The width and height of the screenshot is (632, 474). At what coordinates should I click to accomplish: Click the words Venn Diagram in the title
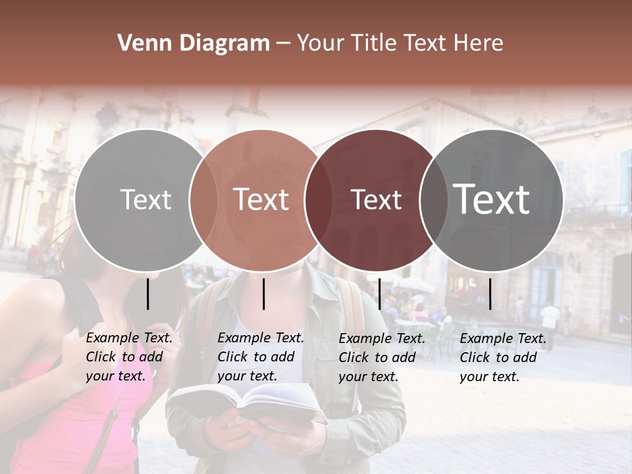point(194,43)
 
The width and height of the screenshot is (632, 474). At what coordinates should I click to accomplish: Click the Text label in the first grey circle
point(145,200)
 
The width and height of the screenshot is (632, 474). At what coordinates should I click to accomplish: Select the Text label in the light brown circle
point(261,200)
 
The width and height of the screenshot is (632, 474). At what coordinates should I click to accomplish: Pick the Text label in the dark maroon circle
point(377,200)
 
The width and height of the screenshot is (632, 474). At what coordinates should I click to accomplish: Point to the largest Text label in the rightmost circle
point(492,199)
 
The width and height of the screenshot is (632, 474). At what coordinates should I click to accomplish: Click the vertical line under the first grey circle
point(148,294)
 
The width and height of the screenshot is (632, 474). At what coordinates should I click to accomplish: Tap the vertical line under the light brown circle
point(263,294)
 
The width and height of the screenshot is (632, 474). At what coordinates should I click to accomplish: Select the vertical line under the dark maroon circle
point(379,294)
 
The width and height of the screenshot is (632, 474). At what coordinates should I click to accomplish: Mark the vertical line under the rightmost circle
point(490,294)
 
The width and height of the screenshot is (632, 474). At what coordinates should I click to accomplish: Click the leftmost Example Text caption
point(129,357)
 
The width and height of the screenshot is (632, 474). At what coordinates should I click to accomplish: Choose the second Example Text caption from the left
point(261,357)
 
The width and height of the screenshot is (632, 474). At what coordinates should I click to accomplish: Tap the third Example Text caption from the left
point(382,357)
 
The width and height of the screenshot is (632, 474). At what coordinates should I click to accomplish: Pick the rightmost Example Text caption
point(503,357)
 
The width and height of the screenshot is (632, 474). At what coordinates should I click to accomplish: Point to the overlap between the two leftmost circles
point(203,200)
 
